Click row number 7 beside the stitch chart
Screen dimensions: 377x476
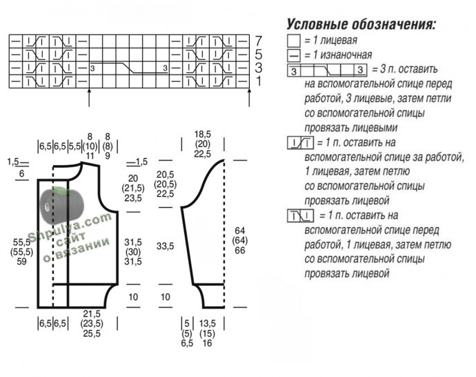coord(259,40)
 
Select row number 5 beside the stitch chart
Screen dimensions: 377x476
coord(259,54)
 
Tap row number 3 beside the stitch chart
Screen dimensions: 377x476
coord(259,68)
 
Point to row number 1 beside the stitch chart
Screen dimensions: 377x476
coord(259,81)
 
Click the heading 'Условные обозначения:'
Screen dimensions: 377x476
coord(361,25)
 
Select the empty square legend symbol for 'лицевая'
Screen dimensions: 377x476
coord(293,41)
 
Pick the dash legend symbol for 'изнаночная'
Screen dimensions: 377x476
coord(293,55)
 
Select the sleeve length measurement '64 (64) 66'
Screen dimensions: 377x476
coord(240,240)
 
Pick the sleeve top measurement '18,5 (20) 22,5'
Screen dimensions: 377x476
coord(202,144)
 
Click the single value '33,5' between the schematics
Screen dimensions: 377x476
coord(165,246)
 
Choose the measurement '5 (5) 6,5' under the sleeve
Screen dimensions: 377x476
coord(186,333)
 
